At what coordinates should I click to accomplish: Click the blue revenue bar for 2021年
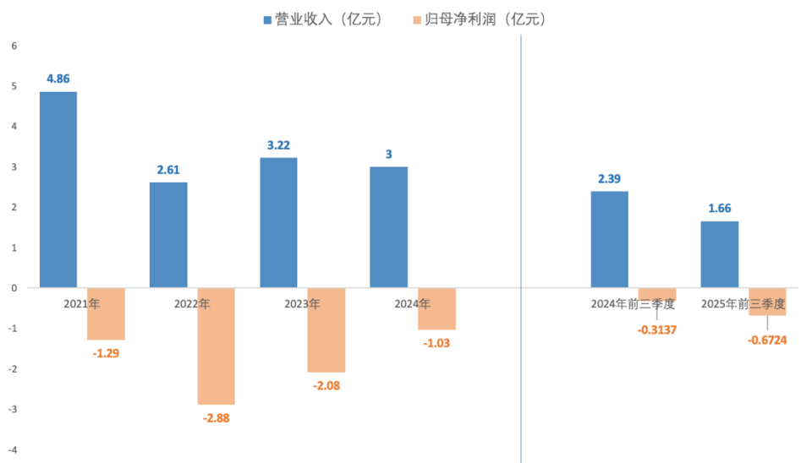[x=58, y=189]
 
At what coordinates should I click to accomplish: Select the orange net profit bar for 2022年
[x=217, y=346]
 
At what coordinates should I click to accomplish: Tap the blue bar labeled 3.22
[x=278, y=222]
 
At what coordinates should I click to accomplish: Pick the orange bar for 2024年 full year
[x=436, y=308]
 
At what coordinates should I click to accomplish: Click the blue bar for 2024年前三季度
[x=609, y=239]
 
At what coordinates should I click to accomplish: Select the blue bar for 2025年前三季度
[x=720, y=254]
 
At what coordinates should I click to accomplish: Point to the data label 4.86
[x=58, y=79]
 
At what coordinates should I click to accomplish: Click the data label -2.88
[x=217, y=417]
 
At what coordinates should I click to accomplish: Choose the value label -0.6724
[x=768, y=340]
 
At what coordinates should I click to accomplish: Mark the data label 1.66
[x=720, y=209]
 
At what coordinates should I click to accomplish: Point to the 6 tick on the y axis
[x=14, y=46]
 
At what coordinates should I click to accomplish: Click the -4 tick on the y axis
[x=13, y=449]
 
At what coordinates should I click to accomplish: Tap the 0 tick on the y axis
[x=14, y=288]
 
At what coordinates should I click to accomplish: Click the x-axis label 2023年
[x=303, y=303]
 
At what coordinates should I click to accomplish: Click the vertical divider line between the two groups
[x=521, y=253]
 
